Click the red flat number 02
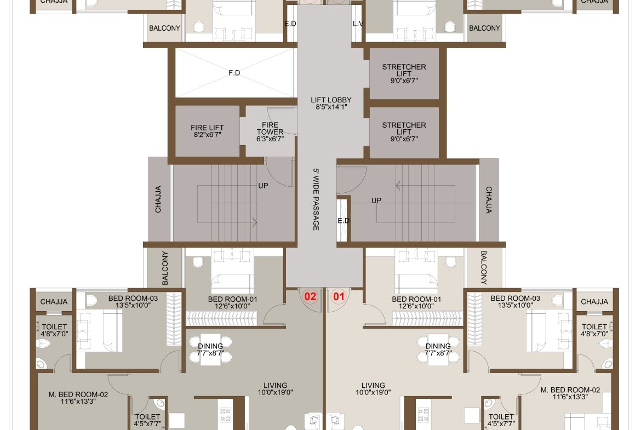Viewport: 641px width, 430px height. pyautogui.click(x=310, y=296)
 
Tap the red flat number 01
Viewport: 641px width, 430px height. pyautogui.click(x=339, y=296)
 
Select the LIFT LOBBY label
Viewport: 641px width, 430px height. pyautogui.click(x=331, y=100)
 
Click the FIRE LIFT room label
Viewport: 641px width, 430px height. pyautogui.click(x=207, y=128)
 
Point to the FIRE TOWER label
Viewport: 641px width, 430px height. pyautogui.click(x=270, y=128)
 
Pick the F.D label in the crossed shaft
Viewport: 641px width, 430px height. pyautogui.click(x=234, y=73)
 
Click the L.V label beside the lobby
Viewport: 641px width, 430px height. pyautogui.click(x=358, y=24)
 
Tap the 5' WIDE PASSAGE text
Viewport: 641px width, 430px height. pyautogui.click(x=316, y=199)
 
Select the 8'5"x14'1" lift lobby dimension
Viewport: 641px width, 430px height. pyautogui.click(x=331, y=107)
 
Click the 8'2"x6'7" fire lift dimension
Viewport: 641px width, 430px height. pyautogui.click(x=207, y=134)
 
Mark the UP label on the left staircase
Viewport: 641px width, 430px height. pyautogui.click(x=264, y=186)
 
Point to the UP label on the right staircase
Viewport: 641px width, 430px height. pyautogui.click(x=376, y=200)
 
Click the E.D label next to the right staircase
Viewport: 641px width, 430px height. pyautogui.click(x=344, y=221)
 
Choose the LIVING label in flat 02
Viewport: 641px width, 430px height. pyautogui.click(x=275, y=386)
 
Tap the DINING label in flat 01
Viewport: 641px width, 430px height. pyautogui.click(x=438, y=346)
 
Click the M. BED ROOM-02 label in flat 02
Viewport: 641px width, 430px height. pyautogui.click(x=78, y=394)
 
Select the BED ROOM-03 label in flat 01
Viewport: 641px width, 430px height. pyautogui.click(x=515, y=299)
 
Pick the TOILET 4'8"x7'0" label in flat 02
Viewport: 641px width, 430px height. pyautogui.click(x=54, y=330)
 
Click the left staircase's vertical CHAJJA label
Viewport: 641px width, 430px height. pyautogui.click(x=158, y=199)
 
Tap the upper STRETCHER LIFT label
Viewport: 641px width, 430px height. pyautogui.click(x=404, y=70)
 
